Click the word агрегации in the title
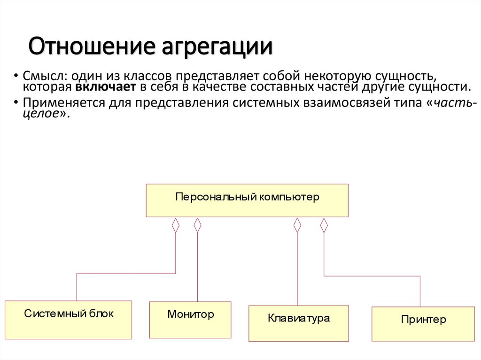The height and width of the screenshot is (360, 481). click(217, 48)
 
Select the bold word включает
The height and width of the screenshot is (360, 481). click(104, 87)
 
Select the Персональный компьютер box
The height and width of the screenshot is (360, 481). click(247, 200)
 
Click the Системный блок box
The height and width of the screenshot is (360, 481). click(68, 320)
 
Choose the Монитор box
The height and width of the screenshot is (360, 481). click(190, 320)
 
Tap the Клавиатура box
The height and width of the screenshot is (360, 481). click(298, 323)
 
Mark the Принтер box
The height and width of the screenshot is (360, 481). click(423, 324)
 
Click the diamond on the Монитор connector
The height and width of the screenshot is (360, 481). click(197, 225)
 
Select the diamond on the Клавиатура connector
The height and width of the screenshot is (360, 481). click(297, 225)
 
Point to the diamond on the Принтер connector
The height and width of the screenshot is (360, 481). click(324, 225)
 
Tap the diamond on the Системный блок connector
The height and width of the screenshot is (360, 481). click(176, 225)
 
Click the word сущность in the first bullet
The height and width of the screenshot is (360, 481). click(409, 76)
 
